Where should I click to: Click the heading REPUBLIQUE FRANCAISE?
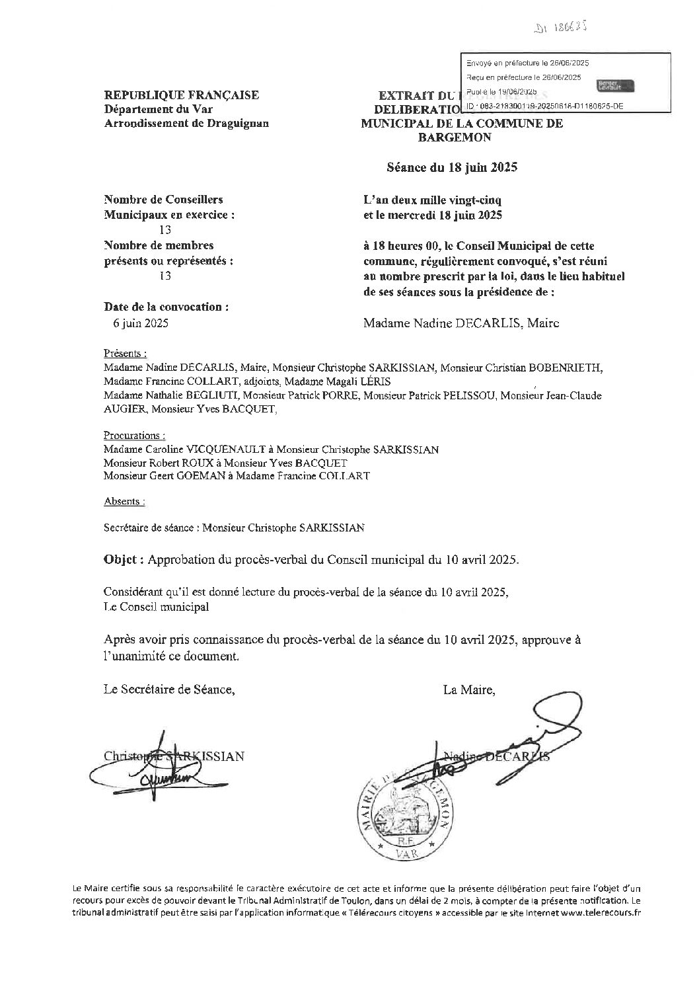click(x=181, y=95)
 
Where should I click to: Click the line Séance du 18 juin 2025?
click(x=452, y=167)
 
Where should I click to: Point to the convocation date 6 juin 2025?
click(x=141, y=323)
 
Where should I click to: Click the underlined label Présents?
click(x=125, y=352)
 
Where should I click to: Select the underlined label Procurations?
click(x=134, y=436)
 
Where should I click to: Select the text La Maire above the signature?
click(x=469, y=690)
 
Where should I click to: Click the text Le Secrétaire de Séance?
click(x=169, y=690)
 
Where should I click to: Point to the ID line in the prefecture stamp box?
click(x=544, y=106)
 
